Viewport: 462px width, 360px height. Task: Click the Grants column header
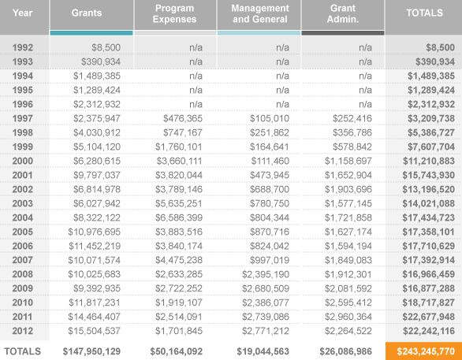87,13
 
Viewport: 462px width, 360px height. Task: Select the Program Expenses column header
174,13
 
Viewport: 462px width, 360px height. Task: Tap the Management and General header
260,13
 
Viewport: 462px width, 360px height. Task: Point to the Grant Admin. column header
343,13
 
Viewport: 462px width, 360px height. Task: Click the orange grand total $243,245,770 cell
423,351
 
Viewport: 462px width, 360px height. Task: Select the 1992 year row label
22,47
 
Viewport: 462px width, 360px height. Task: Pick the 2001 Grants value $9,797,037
97,175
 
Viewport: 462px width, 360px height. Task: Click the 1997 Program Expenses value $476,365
183,118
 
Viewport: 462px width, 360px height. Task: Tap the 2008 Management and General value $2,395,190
266,274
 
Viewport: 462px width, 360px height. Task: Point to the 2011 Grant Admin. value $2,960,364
348,317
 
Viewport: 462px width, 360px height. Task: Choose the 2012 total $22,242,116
429,331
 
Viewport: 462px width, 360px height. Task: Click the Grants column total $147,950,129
91,351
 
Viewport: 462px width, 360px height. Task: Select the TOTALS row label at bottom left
22,351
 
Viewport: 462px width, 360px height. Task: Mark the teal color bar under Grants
91,33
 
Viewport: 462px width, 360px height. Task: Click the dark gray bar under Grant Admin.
343,33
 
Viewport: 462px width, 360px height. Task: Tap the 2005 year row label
22,232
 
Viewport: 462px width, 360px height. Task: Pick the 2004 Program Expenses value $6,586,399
179,218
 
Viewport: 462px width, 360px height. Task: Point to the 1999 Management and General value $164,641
270,147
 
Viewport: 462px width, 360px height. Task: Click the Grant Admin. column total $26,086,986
345,351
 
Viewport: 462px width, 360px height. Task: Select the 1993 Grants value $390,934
101,61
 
